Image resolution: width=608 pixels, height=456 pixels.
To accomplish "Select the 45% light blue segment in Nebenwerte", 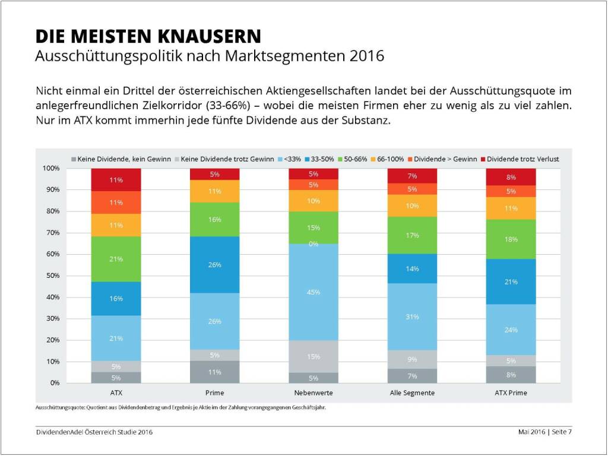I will tap(313, 292).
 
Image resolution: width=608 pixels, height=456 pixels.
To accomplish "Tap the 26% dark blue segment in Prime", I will tap(214, 265).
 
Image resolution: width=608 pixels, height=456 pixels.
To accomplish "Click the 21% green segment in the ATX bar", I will tap(116, 259).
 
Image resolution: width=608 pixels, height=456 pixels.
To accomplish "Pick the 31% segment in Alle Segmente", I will tap(412, 316).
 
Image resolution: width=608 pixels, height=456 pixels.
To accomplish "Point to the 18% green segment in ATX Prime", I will tap(511, 239).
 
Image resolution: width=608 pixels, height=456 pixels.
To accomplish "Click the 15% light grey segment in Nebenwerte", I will tap(313, 356).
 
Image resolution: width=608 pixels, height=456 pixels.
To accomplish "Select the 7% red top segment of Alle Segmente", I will tap(412, 176).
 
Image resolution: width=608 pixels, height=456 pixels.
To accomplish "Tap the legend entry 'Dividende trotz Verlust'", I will tap(523, 159).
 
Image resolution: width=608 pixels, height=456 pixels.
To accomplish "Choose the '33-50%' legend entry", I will tap(322, 159).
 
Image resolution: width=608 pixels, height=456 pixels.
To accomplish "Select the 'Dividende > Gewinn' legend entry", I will tap(440, 159).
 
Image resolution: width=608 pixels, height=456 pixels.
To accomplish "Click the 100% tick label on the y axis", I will tap(51, 168).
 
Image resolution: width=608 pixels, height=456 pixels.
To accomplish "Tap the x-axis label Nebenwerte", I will tap(313, 393).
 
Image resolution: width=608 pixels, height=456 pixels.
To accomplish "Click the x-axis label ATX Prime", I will tap(511, 393).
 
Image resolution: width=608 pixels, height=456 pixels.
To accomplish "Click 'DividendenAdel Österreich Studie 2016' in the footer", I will tap(94, 432).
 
